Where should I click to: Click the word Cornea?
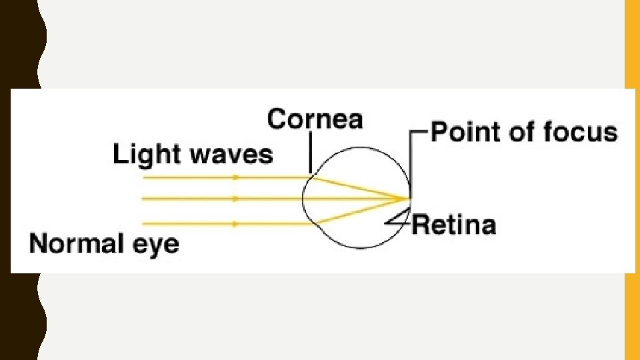click(315, 120)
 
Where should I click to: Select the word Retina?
click(453, 225)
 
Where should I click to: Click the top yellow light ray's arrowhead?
click(236, 178)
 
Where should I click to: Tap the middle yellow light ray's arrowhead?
click(236, 198)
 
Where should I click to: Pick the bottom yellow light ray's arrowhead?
click(236, 224)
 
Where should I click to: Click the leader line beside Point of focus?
click(411, 160)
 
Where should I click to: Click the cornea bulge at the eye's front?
click(304, 199)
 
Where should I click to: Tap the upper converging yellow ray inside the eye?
click(360, 188)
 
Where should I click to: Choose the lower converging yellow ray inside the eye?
click(360, 210)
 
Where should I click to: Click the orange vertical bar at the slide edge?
click(631, 180)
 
